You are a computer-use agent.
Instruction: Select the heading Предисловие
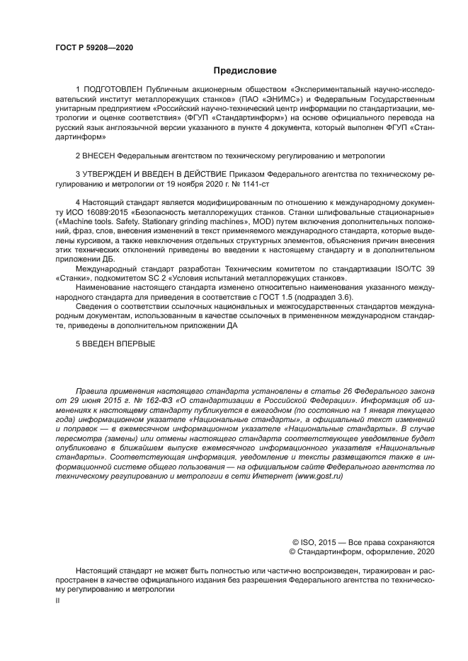click(x=245, y=71)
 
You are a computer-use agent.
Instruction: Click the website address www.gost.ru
click(x=319, y=476)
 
